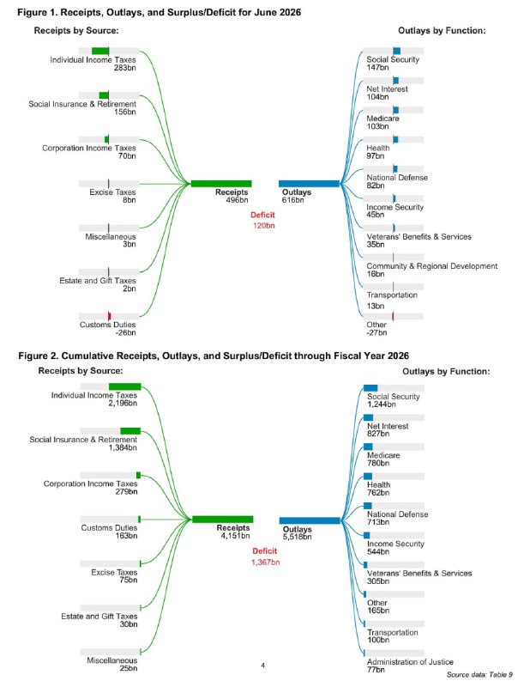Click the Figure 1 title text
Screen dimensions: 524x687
[160, 12]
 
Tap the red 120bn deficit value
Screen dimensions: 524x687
[264, 226]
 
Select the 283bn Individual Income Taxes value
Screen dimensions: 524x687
[124, 68]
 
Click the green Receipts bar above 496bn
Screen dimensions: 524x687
[221, 184]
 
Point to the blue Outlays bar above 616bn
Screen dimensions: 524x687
[310, 184]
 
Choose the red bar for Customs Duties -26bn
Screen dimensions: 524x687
[110, 316]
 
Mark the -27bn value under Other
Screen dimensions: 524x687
[376, 332]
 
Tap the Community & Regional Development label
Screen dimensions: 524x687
[432, 266]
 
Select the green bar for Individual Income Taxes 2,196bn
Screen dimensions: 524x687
[125, 386]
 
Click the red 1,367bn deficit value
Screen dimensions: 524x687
[266, 562]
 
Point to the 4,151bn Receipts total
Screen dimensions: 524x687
[235, 536]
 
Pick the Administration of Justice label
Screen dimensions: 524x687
[410, 662]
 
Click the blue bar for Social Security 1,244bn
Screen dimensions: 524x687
[370, 388]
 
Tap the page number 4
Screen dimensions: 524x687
[263, 666]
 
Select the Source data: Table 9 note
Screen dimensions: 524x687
[479, 675]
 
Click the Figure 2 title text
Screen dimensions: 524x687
[214, 356]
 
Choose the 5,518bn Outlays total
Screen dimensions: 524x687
[297, 537]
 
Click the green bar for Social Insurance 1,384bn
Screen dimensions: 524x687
[130, 431]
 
